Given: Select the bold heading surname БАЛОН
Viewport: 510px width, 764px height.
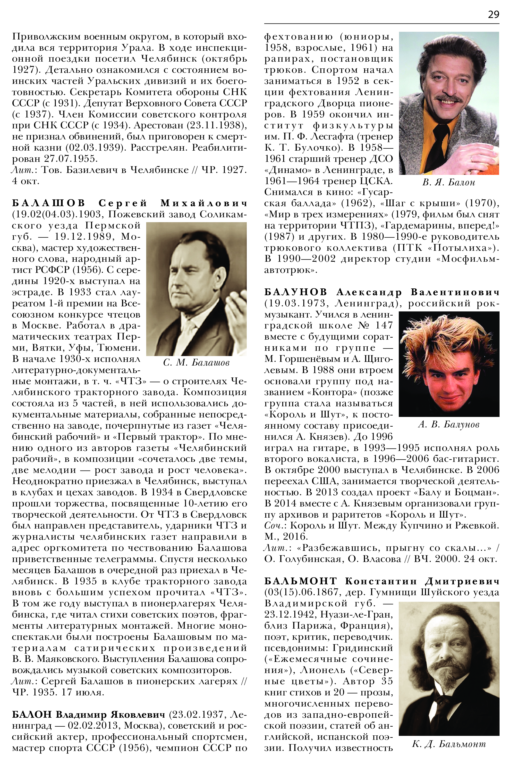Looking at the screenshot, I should (32, 714).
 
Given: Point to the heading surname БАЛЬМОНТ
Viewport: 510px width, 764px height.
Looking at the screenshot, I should (300, 581).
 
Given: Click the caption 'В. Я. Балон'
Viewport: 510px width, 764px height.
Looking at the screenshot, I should (449, 183).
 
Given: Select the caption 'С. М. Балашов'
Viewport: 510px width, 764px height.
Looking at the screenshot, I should (196, 363).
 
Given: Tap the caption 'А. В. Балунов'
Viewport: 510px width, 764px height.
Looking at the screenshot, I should (449, 424).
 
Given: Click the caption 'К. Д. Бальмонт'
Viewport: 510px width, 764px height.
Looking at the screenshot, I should (449, 744).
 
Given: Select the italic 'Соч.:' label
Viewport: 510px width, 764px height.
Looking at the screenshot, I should (275, 526).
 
